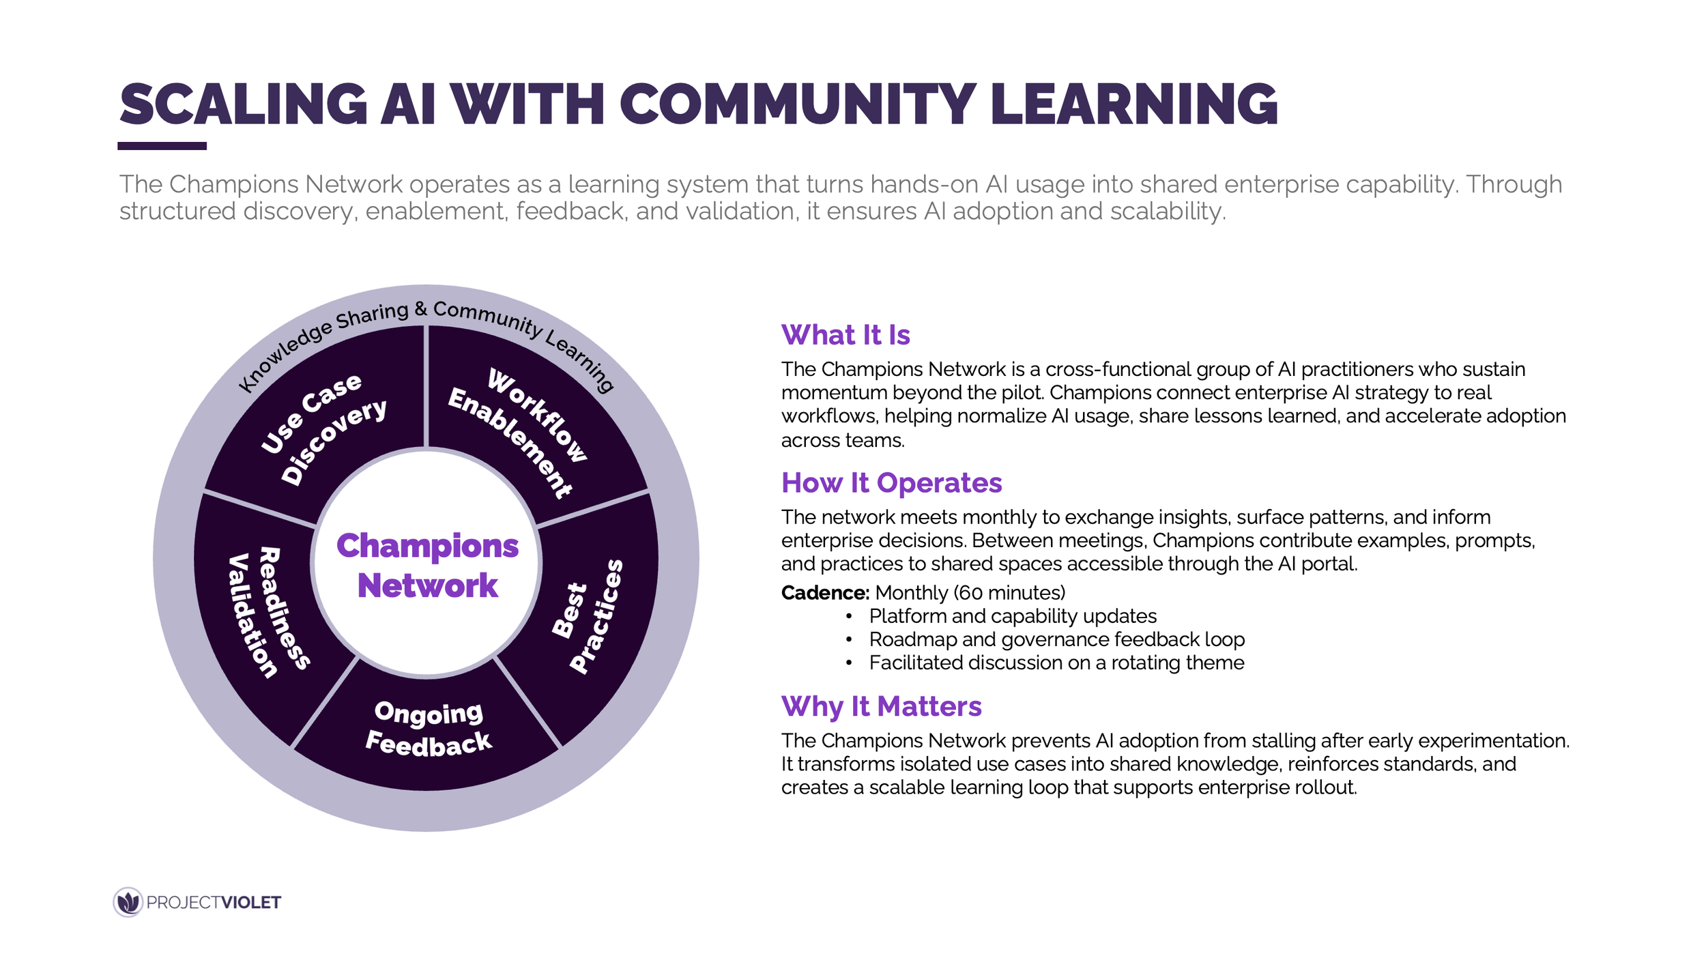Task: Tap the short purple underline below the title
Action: click(x=162, y=146)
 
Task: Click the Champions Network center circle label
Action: click(x=427, y=565)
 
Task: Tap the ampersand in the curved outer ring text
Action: click(x=421, y=310)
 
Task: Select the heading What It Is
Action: click(x=845, y=335)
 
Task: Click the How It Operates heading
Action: click(x=891, y=483)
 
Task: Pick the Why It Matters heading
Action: click(x=881, y=706)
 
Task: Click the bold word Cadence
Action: click(x=824, y=592)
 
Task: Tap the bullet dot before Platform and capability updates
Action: click(x=849, y=616)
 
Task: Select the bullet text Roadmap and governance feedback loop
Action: click(x=1056, y=639)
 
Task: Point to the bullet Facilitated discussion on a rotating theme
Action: click(x=1056, y=663)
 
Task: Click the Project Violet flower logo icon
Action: click(x=128, y=902)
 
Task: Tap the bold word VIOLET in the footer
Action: click(x=251, y=903)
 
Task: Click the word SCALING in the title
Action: click(x=244, y=104)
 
